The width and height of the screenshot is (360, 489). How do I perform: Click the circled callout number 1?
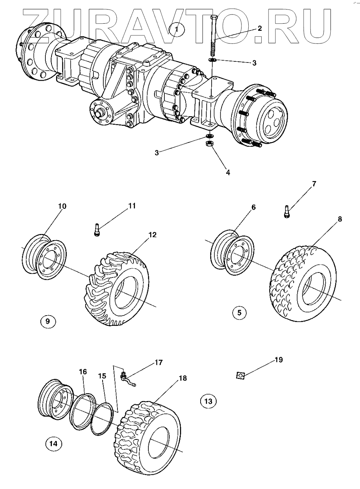pyautogui.click(x=177, y=29)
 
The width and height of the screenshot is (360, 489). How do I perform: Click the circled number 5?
pyautogui.click(x=239, y=313)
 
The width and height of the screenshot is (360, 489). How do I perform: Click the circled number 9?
pyautogui.click(x=48, y=321)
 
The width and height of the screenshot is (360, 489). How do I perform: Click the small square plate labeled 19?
pyautogui.click(x=240, y=376)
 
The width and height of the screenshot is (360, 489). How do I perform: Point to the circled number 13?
pyautogui.click(x=208, y=401)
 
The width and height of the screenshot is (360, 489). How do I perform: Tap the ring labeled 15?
pyautogui.click(x=103, y=421)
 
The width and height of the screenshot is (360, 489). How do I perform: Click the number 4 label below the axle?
pyautogui.click(x=228, y=172)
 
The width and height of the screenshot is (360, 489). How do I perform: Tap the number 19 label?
pyautogui.click(x=278, y=359)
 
